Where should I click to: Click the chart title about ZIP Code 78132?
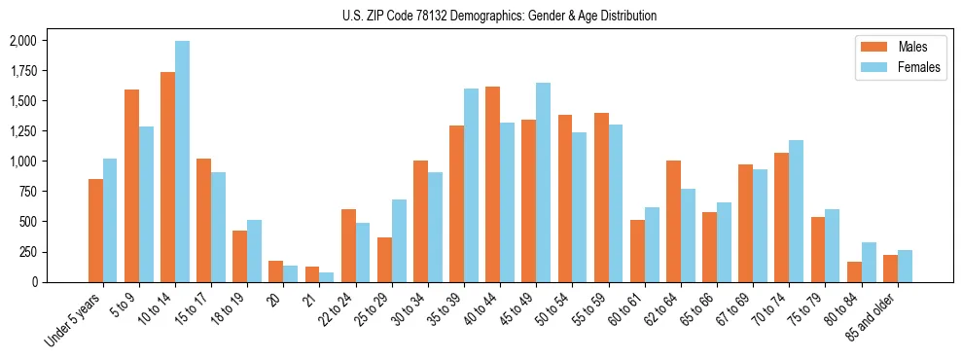tap(499, 16)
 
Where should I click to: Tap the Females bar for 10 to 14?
tap(182, 162)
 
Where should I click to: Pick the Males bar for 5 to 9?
tap(131, 186)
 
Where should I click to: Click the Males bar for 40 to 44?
tap(492, 185)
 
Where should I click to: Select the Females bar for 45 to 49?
tap(543, 183)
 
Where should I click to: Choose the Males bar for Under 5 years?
tap(95, 231)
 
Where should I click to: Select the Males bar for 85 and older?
tap(890, 269)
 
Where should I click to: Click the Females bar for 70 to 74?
tap(797, 211)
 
